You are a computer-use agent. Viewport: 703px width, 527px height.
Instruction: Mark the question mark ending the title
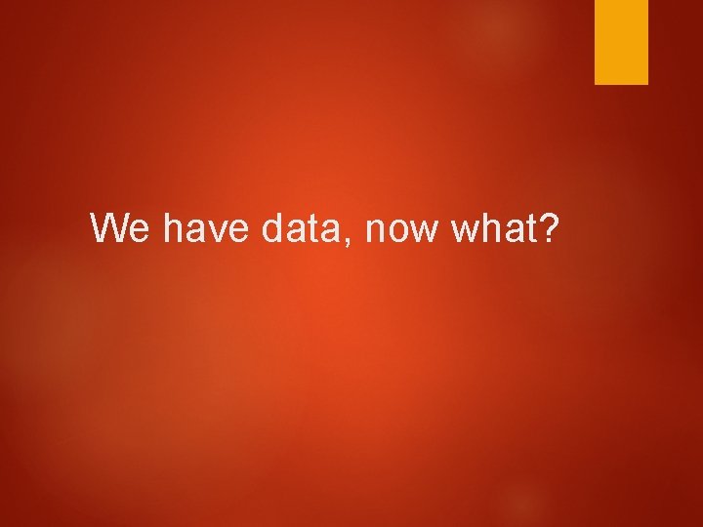[x=549, y=228]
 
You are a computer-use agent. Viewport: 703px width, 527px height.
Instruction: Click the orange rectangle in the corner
[x=622, y=42]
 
